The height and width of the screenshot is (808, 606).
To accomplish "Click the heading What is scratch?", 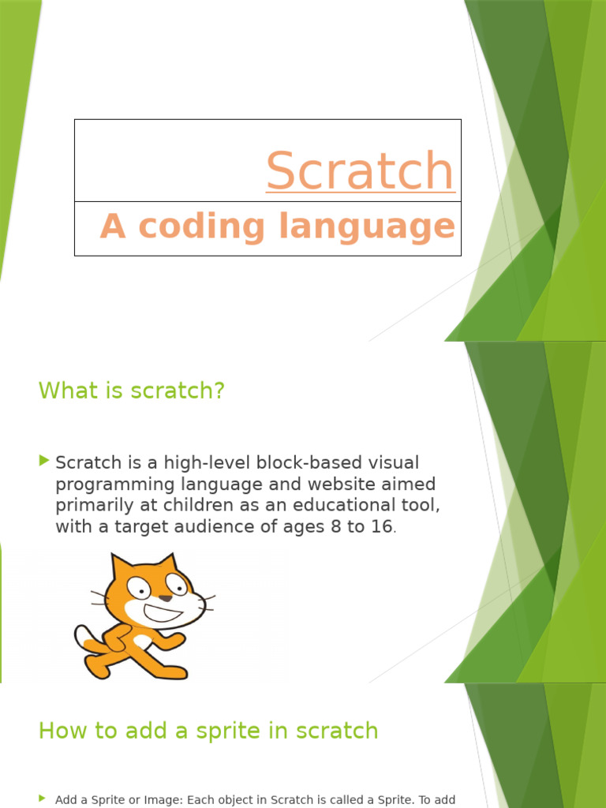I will pyautogui.click(x=132, y=390).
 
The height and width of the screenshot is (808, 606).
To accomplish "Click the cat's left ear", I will pyautogui.click(x=121, y=566).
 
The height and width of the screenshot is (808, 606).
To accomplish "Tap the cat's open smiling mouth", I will pyautogui.click(x=162, y=612).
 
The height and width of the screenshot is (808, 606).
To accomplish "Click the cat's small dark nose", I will pyautogui.click(x=166, y=598).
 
